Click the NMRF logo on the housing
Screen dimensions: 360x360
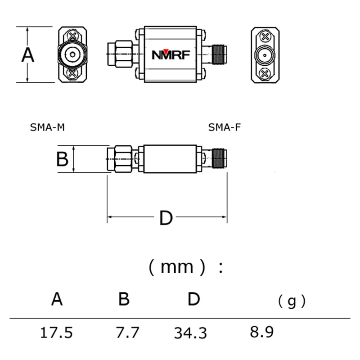tap(171, 55)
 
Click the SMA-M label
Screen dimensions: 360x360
tap(47, 127)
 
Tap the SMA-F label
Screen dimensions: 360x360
tap(224, 127)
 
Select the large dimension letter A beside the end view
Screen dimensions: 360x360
tap(28, 55)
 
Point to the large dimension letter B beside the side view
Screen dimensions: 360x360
tap(62, 159)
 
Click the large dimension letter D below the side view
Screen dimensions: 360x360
tap(166, 219)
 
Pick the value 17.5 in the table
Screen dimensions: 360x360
tap(56, 333)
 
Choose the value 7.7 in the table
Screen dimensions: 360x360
tap(127, 333)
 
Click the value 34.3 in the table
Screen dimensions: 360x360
tap(190, 333)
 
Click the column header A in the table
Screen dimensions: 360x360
tap(57, 299)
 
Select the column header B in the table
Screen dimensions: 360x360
tap(124, 299)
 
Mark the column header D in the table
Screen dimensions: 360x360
tap(193, 299)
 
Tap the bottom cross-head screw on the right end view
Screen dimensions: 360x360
tap(265, 73)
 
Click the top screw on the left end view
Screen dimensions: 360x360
tap(72, 35)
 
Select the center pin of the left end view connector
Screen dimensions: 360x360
tap(72, 55)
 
